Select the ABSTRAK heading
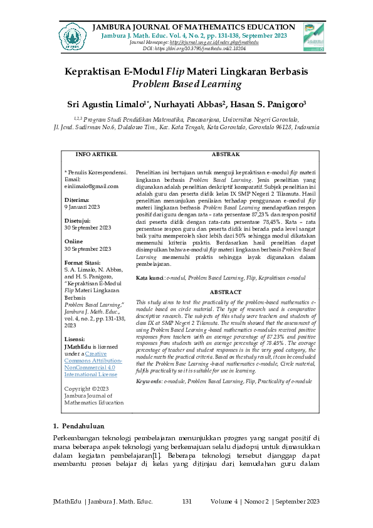pyautogui.click(x=224, y=154)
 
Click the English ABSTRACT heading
pyautogui.click(x=224, y=292)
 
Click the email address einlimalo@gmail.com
pyautogui.click(x=92, y=186)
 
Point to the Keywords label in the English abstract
pyautogui.click(x=149, y=381)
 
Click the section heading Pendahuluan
pyautogui.click(x=88, y=426)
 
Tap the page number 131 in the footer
pyautogui.click(x=187, y=501)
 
